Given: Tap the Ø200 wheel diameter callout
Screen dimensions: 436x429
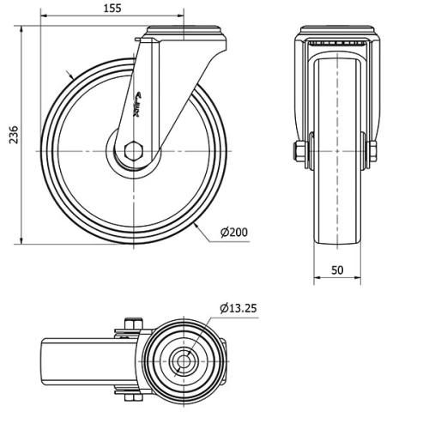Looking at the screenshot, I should [x=234, y=233].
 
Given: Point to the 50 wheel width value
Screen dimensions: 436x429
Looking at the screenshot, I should [x=336, y=270].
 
